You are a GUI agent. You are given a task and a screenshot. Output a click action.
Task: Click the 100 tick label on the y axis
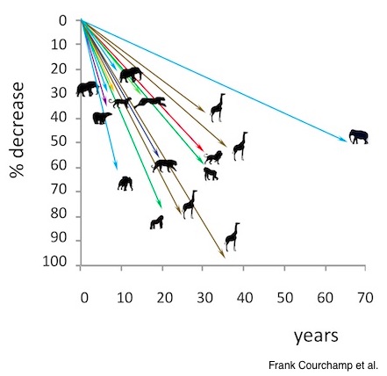point(54,262)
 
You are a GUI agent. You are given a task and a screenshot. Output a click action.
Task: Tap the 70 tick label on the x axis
point(365,298)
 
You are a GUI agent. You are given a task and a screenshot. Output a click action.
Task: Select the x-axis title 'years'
point(316,336)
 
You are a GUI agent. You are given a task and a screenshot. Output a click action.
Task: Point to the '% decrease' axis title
point(17,130)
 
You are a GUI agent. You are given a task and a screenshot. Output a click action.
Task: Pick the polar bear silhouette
point(102,118)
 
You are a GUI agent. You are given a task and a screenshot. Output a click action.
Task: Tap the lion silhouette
point(213,157)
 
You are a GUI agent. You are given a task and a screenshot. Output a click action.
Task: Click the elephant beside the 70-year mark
point(359,137)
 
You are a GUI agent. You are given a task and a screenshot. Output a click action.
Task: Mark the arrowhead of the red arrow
point(201,148)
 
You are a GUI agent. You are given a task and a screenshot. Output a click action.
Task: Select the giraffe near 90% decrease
point(233,237)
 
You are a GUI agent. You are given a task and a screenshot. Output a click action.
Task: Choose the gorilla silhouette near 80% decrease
point(157,222)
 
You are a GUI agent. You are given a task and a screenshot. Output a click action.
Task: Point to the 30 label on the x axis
point(204,298)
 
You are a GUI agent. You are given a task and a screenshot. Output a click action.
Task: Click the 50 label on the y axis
point(59,142)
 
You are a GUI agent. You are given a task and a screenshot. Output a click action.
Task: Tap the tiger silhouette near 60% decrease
point(164,165)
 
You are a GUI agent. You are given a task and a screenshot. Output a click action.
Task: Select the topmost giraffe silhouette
point(218,107)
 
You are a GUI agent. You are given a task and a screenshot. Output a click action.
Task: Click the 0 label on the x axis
point(84,298)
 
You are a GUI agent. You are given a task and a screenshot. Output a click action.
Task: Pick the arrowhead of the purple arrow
point(105,102)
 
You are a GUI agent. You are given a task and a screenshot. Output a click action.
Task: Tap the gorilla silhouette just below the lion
point(211,174)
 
